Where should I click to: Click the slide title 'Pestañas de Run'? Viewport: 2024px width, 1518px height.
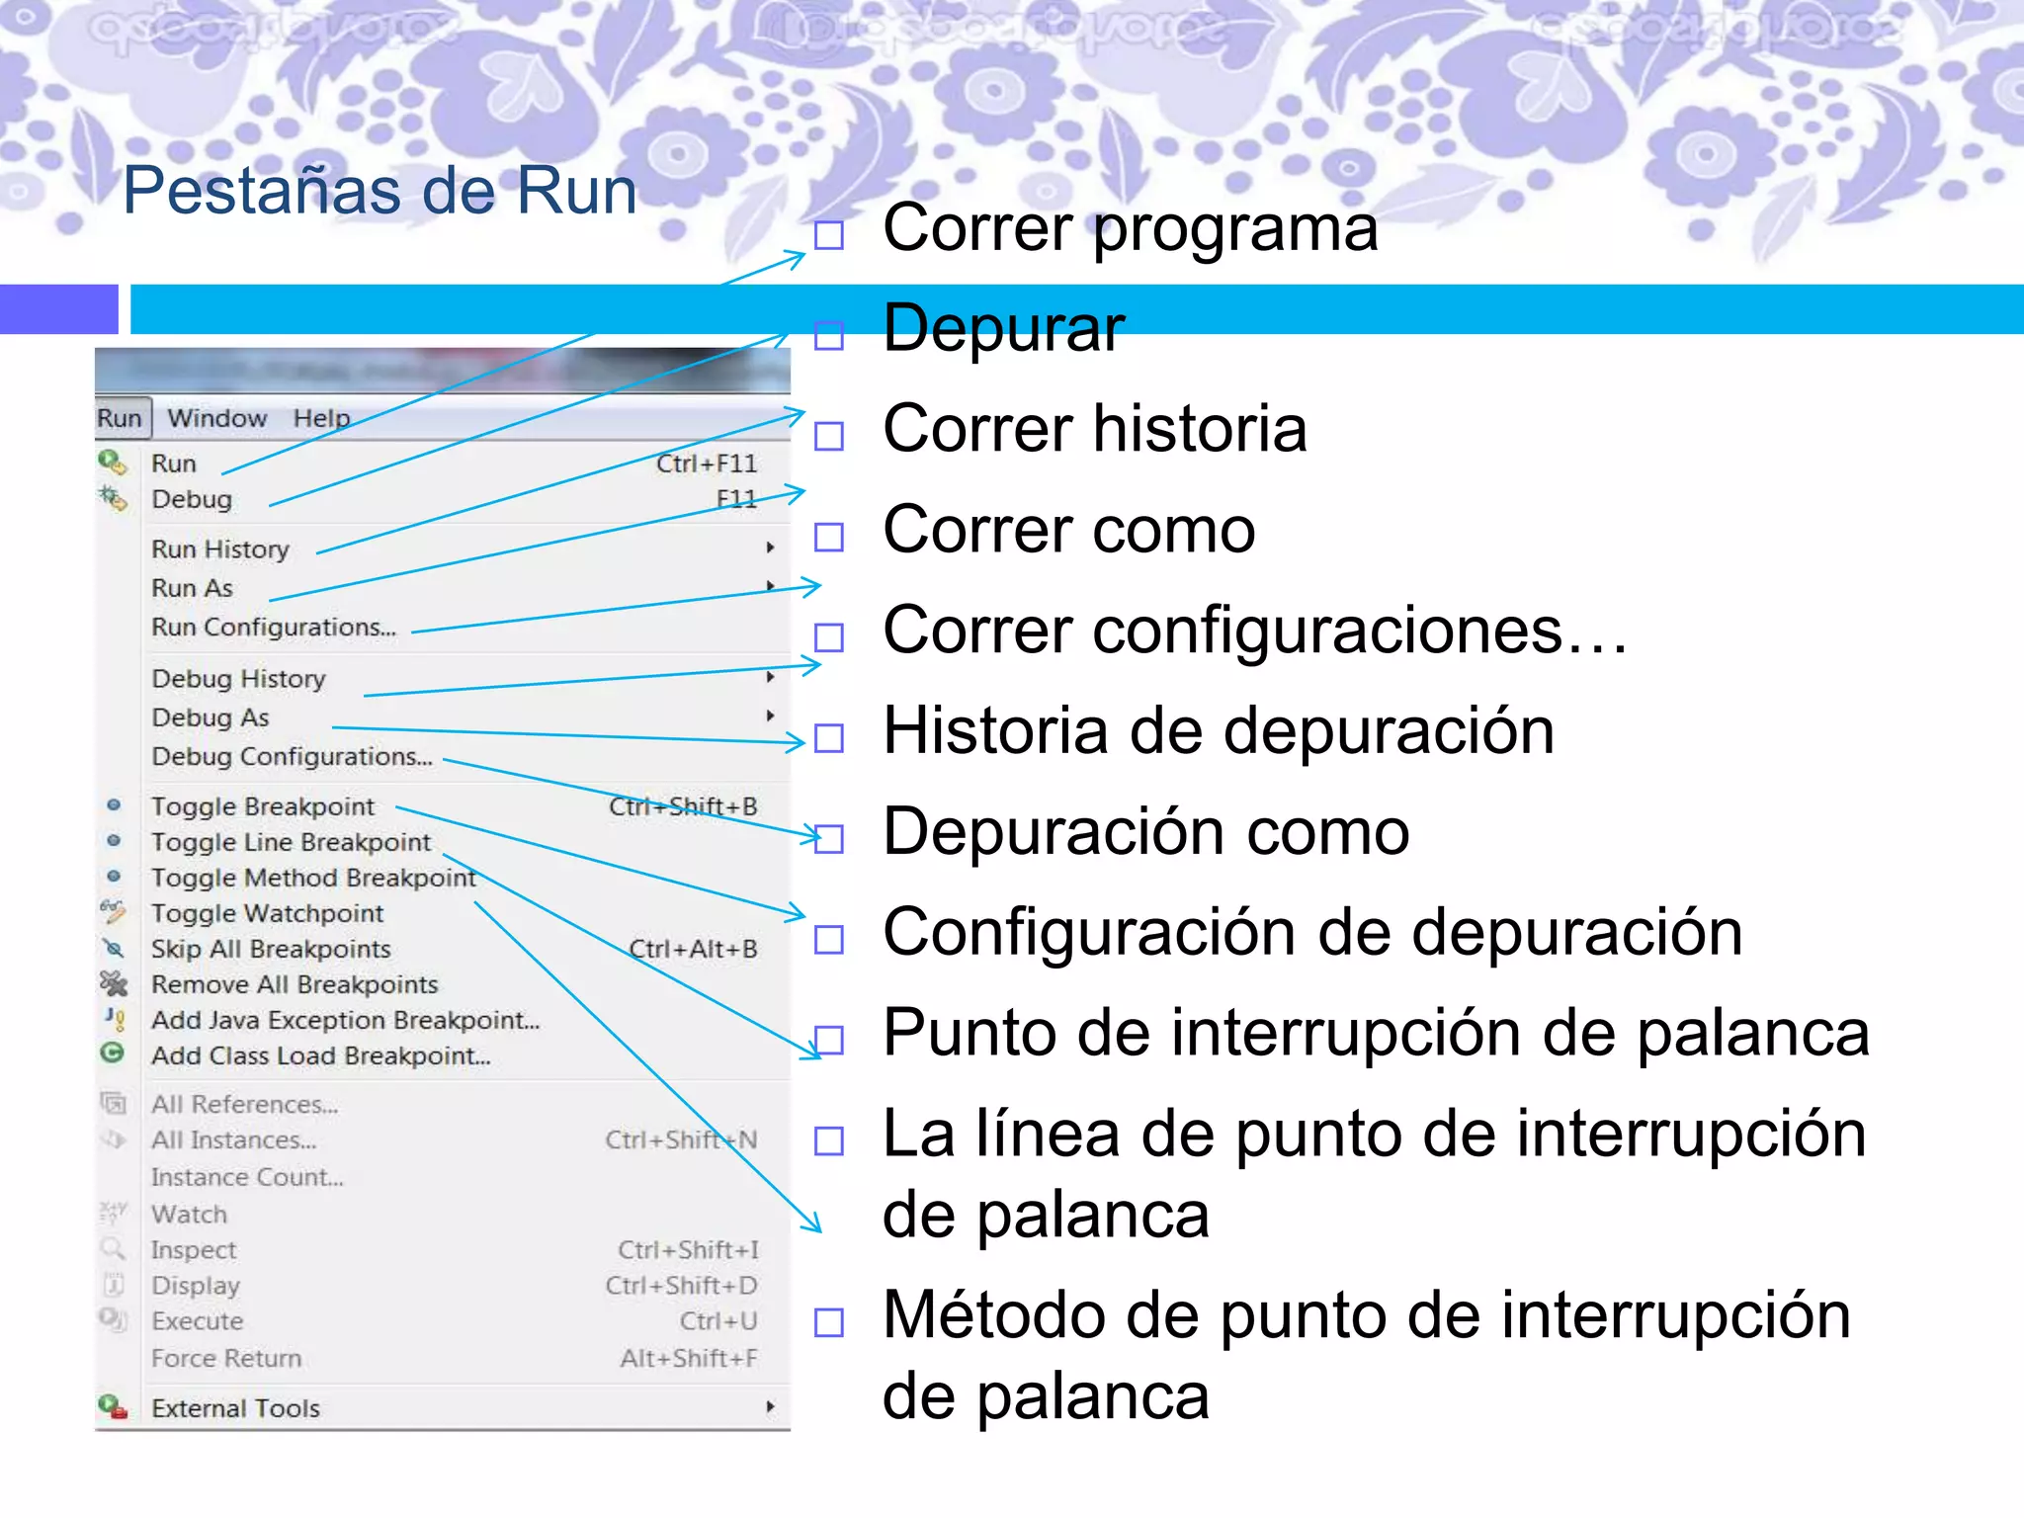379,191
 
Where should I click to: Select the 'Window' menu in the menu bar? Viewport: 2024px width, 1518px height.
217,418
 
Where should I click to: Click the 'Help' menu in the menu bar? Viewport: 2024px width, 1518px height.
321,418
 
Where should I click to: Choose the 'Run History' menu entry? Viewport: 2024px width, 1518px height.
220,549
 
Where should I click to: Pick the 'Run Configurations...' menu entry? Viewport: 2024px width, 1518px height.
274,628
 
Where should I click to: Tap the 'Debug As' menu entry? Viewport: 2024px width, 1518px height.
211,717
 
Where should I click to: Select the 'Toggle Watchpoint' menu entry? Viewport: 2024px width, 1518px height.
267,913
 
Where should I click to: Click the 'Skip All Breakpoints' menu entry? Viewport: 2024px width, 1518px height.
271,949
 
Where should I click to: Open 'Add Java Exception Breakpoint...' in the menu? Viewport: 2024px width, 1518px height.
345,1020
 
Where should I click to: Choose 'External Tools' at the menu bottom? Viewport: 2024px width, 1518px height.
235,1408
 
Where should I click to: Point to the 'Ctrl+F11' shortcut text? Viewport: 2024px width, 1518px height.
707,464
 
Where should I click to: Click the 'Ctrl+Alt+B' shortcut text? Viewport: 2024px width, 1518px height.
693,949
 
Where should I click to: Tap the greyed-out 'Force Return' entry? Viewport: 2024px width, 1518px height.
226,1359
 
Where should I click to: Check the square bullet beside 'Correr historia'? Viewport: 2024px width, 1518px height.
829,436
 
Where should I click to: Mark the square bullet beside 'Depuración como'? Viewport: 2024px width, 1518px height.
829,839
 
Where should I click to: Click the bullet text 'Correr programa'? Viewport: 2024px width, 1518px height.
1130,228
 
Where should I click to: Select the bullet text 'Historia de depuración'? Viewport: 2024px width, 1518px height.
1219,731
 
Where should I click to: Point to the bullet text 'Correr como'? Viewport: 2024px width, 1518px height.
1069,530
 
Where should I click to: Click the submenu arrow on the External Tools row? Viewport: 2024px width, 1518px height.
770,1406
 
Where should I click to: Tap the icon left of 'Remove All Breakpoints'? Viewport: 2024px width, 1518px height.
115,983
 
